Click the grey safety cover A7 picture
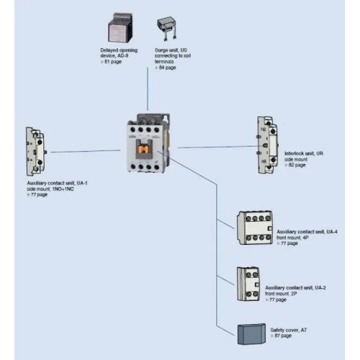[x=251, y=335]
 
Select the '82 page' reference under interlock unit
[x=297, y=166]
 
